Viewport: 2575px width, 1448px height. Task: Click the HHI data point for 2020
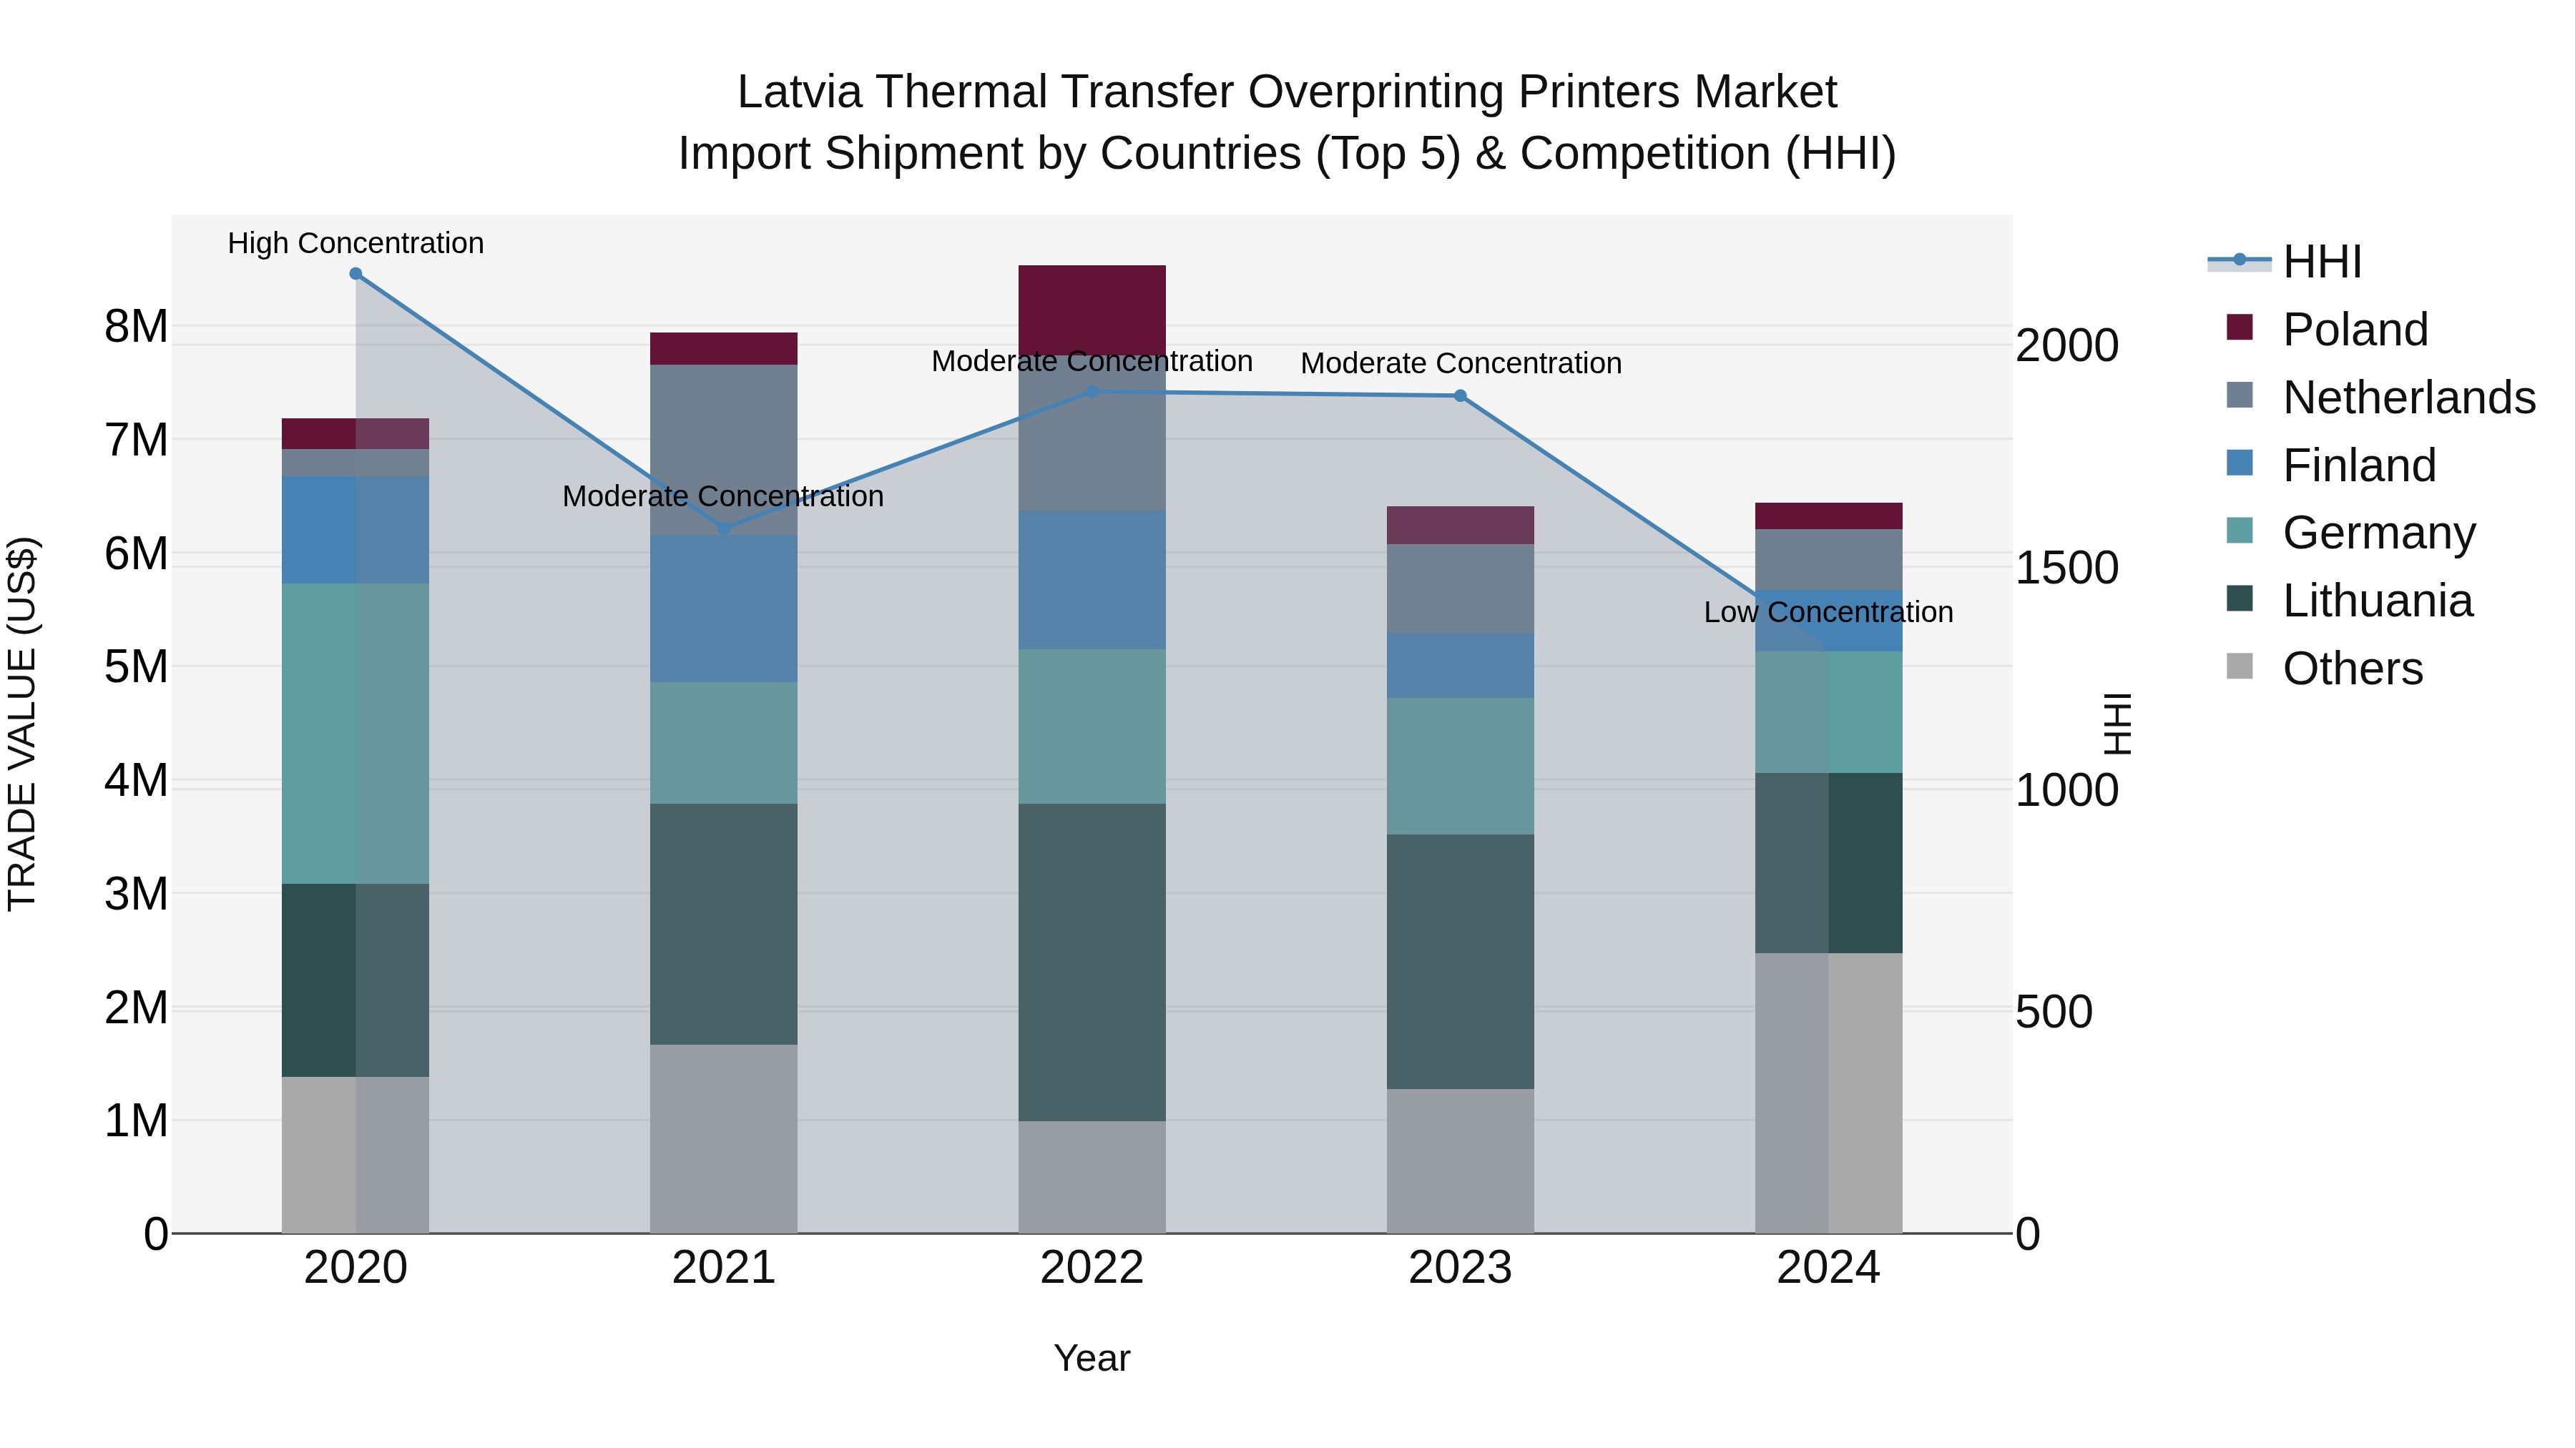pyautogui.click(x=356, y=274)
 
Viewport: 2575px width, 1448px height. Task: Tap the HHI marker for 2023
pyautogui.click(x=1459, y=395)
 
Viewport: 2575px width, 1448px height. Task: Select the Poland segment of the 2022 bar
pyautogui.click(x=1092, y=307)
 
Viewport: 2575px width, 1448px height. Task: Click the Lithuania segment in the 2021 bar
pyautogui.click(x=724, y=925)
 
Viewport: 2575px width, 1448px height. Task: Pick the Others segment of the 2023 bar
pyautogui.click(x=1459, y=1161)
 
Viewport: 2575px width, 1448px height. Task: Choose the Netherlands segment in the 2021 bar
pyautogui.click(x=724, y=450)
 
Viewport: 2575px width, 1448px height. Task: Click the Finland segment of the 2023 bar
pyautogui.click(x=1459, y=666)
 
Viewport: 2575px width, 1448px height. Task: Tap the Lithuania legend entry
pyautogui.click(x=2377, y=601)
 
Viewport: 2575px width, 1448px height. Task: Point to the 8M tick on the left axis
pyautogui.click(x=136, y=327)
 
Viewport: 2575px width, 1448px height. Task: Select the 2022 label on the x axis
pyautogui.click(x=1092, y=1268)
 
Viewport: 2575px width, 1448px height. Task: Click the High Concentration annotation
pyautogui.click(x=356, y=243)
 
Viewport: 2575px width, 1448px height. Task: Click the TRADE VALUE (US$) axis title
pyautogui.click(x=22, y=724)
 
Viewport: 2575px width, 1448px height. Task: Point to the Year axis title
pyautogui.click(x=1092, y=1358)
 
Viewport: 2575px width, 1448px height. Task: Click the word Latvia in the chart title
pyautogui.click(x=799, y=92)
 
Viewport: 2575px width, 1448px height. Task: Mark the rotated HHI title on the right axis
pyautogui.click(x=2118, y=724)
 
